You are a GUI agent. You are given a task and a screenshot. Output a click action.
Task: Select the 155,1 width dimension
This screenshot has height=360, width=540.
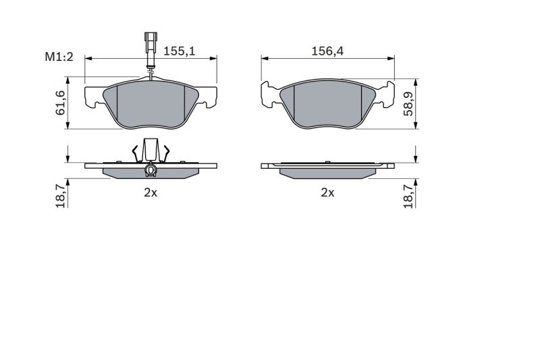point(180,50)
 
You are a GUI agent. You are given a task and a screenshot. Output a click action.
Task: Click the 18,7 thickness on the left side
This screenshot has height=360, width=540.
point(60,195)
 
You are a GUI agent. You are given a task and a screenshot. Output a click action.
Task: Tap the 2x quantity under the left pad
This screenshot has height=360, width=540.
point(150,192)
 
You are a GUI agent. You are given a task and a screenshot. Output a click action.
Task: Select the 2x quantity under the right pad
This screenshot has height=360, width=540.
point(327,192)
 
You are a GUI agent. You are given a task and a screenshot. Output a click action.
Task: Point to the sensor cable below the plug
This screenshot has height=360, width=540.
point(151,68)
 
